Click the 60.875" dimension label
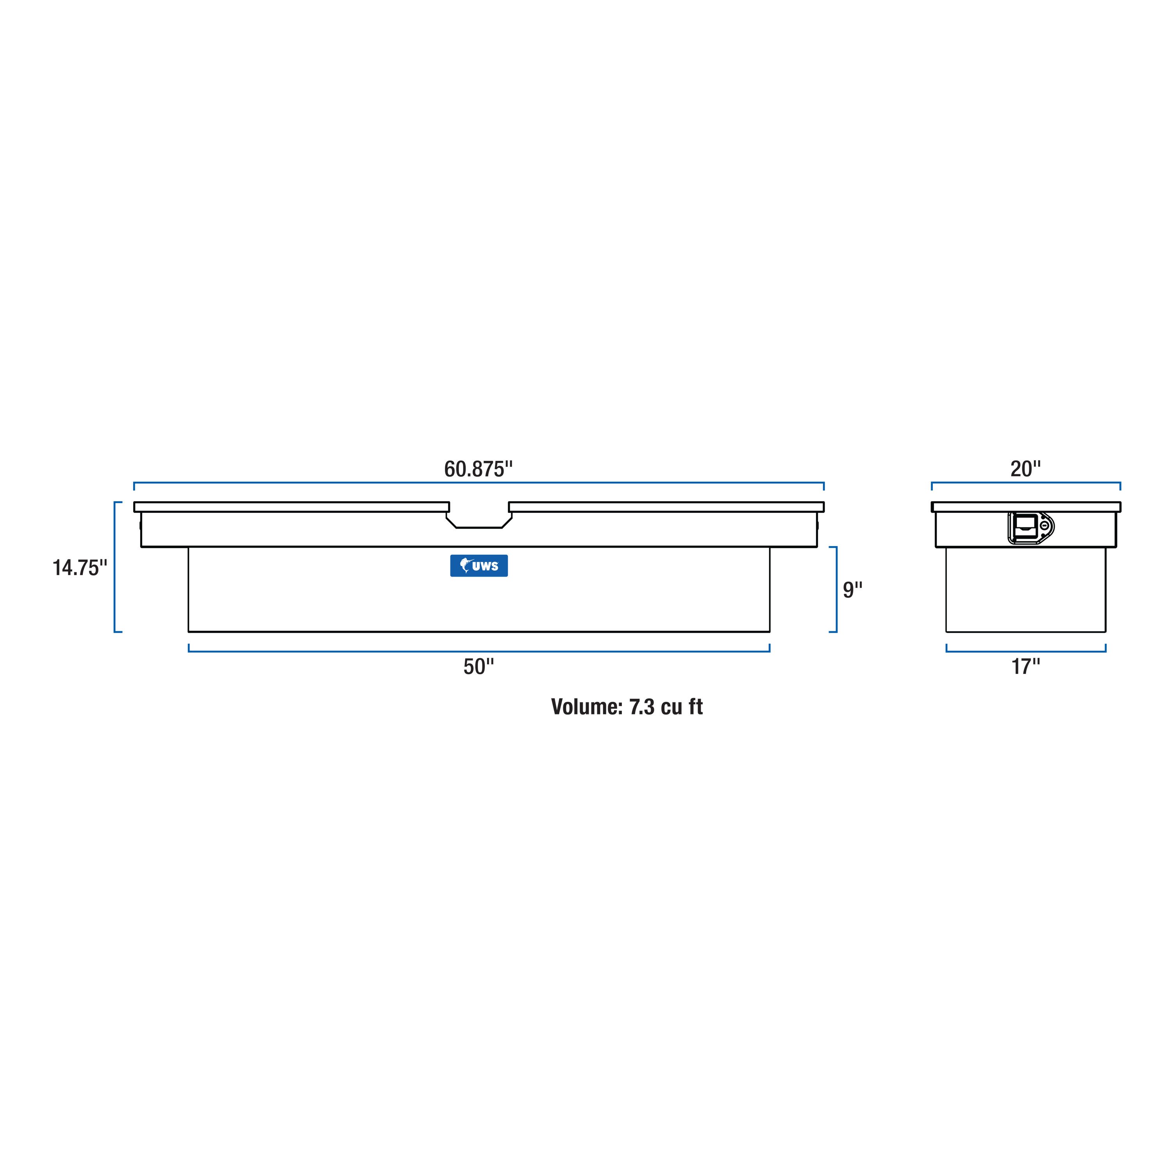[478, 469]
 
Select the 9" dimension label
[852, 589]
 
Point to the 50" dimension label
[479, 666]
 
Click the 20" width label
[1025, 469]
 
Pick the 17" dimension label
[1025, 666]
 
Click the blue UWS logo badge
[479, 566]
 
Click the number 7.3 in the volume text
[642, 707]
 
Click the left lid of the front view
[291, 507]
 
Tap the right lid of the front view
[666, 507]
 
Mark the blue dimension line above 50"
[479, 651]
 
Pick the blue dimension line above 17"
[1025, 651]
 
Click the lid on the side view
[1025, 507]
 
